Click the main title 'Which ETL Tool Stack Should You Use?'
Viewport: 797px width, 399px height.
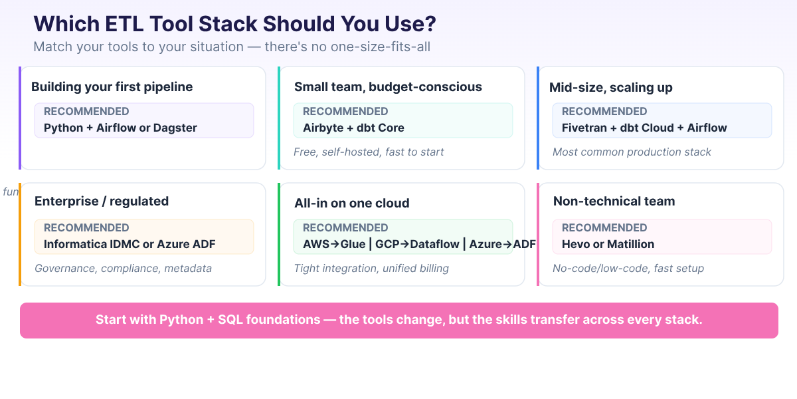coord(235,24)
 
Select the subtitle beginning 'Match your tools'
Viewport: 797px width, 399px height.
coord(236,47)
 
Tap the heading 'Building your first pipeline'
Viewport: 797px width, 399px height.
coord(112,86)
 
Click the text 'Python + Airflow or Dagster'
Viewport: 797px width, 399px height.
coord(120,128)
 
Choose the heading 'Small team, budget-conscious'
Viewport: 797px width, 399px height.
coord(388,86)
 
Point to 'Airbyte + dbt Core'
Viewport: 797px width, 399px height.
coord(353,128)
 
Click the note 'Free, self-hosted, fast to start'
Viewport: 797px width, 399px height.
coord(369,152)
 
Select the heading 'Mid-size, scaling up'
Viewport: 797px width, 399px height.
coord(610,87)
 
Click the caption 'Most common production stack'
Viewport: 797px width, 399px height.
coord(632,152)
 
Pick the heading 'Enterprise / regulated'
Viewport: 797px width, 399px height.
coord(102,201)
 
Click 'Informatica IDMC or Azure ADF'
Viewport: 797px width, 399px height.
coord(130,244)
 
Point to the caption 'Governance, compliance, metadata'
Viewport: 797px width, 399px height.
coord(123,268)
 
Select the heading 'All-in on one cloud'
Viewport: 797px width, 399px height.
coord(351,203)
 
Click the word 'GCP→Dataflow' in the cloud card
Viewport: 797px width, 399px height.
coord(417,244)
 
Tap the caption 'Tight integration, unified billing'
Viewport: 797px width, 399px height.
coord(371,268)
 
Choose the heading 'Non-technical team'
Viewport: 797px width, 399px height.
coord(614,201)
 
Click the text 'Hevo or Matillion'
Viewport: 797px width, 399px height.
coord(608,244)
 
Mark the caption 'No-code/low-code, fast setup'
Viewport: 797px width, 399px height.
coord(628,268)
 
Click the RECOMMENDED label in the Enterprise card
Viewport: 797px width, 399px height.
coord(86,227)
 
